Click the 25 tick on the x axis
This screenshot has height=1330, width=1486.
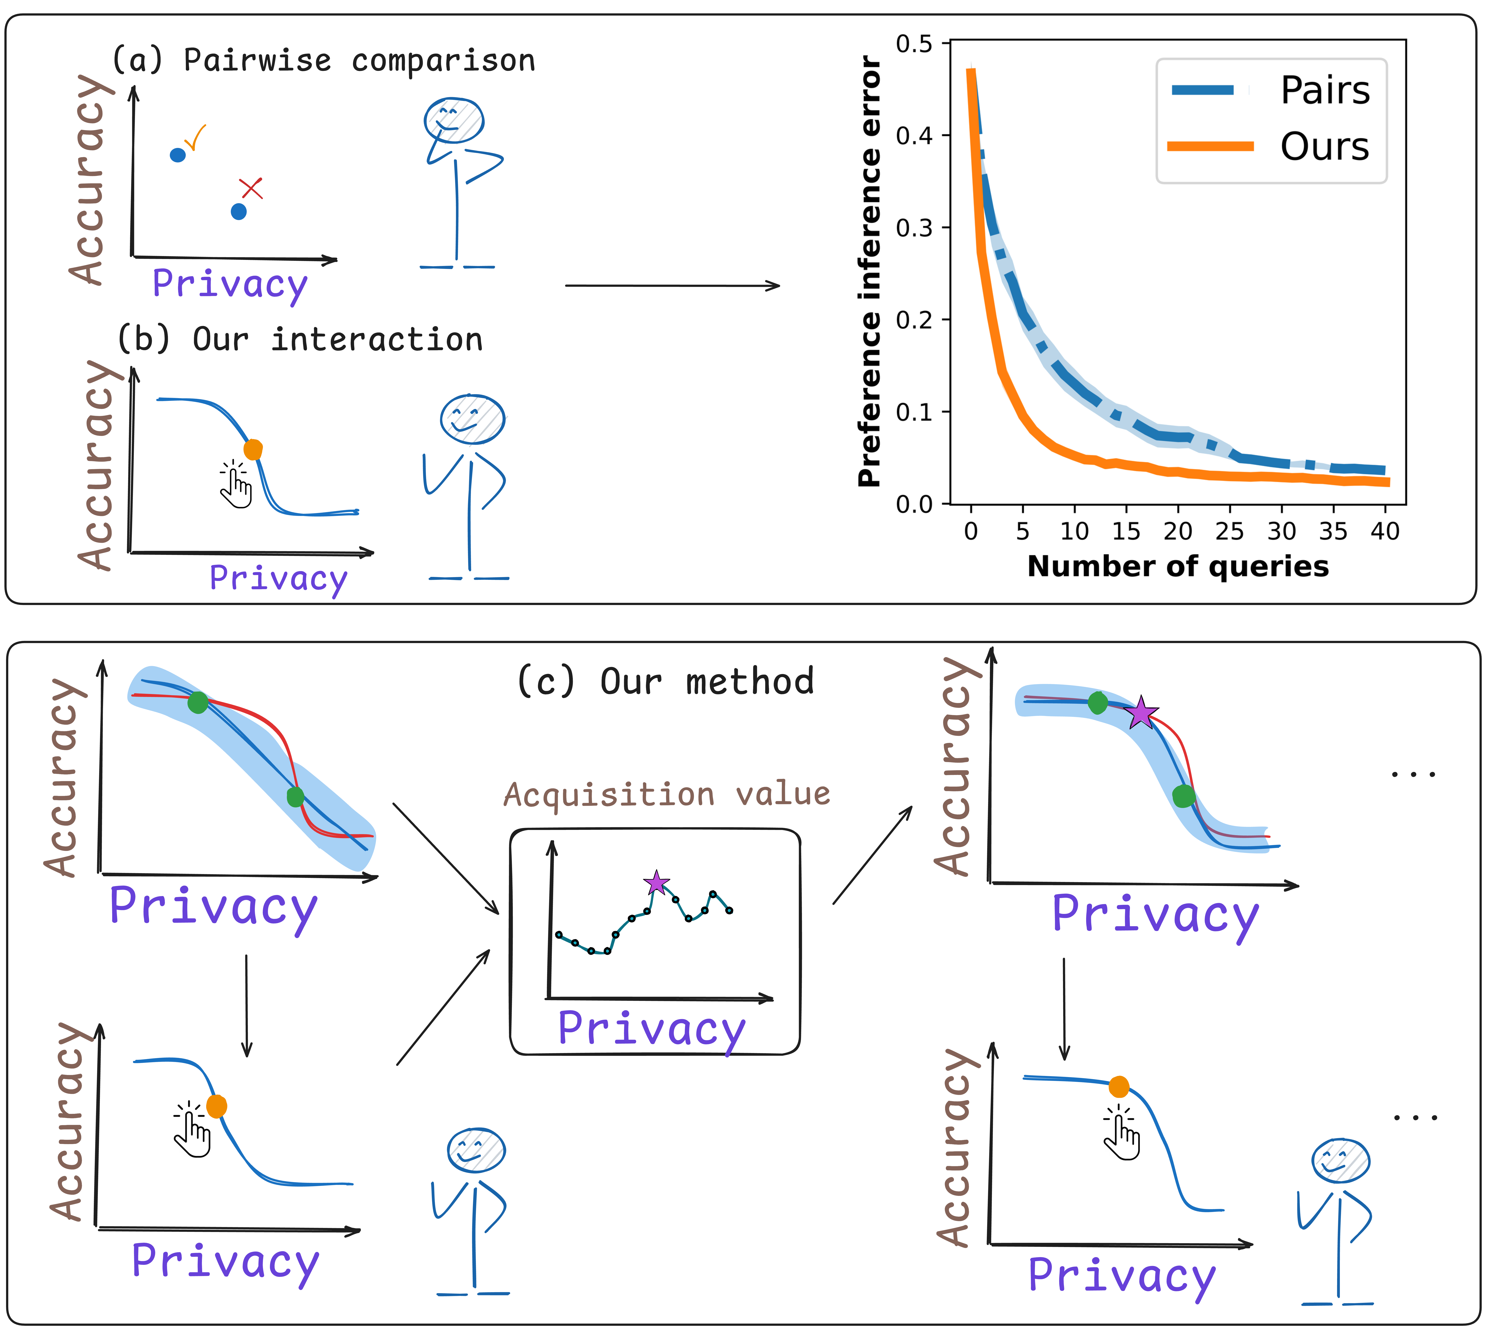pyautogui.click(x=1230, y=531)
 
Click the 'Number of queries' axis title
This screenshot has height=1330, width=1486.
pyautogui.click(x=1178, y=566)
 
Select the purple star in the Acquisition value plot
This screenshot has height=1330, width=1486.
pyautogui.click(x=656, y=883)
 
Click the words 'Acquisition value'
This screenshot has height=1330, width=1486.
pyautogui.click(x=667, y=794)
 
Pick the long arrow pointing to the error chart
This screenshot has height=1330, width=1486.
pyautogui.click(x=673, y=286)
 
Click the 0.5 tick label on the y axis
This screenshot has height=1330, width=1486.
pyautogui.click(x=914, y=44)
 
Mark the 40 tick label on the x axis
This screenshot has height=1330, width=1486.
pyautogui.click(x=1384, y=531)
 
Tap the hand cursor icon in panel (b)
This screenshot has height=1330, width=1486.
pyautogui.click(x=235, y=484)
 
